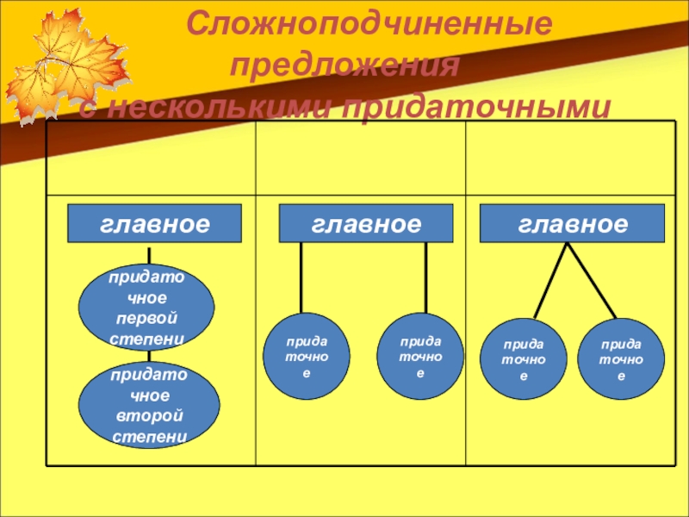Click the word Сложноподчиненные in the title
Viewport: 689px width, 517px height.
click(370, 24)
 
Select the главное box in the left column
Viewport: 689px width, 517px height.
click(155, 224)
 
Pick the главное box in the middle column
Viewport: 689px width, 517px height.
click(366, 224)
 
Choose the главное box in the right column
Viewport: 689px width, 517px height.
click(573, 224)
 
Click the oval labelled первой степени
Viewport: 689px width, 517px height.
click(146, 307)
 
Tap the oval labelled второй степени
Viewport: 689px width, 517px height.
click(146, 405)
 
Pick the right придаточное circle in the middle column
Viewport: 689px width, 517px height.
click(420, 357)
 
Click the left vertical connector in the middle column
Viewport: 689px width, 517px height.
click(301, 277)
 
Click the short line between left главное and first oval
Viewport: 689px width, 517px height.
click(150, 255)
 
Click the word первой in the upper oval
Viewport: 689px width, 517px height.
click(147, 319)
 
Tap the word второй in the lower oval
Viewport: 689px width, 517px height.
click(147, 418)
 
